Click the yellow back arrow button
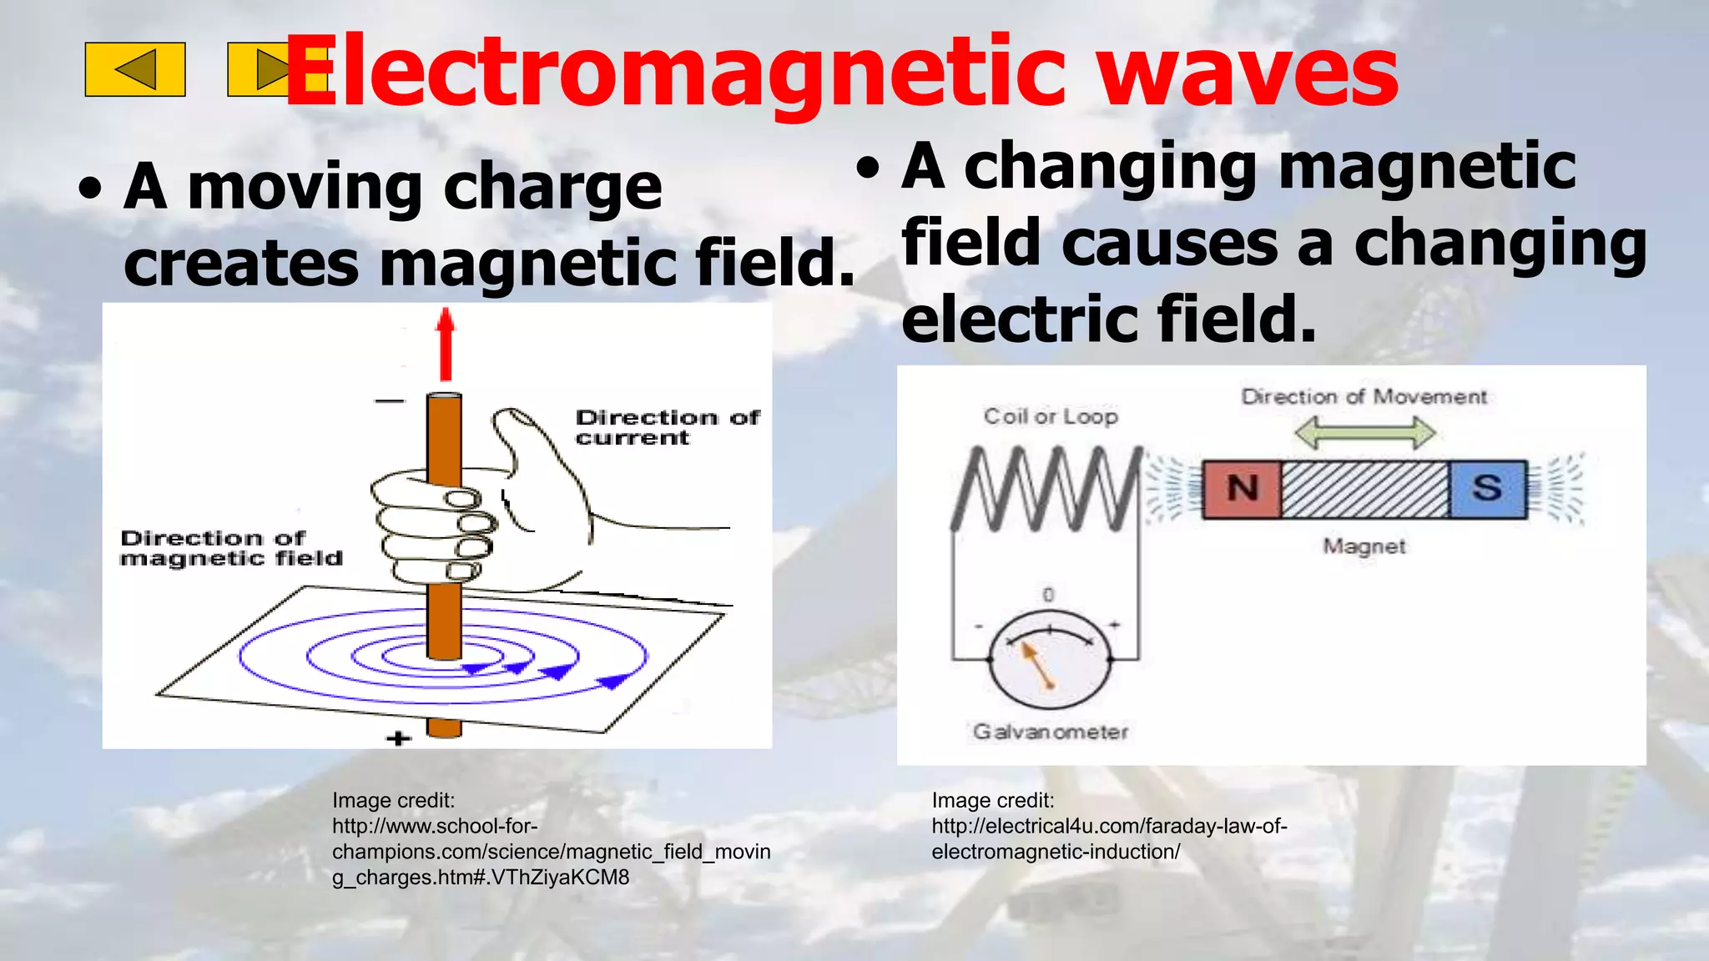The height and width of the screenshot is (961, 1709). pos(135,69)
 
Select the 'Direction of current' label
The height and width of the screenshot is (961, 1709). pos(667,427)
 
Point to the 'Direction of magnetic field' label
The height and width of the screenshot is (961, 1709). pos(231,548)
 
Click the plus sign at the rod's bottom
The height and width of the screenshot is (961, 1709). pos(399,738)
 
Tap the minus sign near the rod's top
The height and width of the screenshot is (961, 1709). pos(389,401)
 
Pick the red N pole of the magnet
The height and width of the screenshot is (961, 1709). pos(1243,489)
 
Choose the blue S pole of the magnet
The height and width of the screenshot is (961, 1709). pos(1487,489)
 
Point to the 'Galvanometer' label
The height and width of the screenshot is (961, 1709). pos(1051,732)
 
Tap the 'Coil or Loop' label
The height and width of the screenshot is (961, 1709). pos(1051,416)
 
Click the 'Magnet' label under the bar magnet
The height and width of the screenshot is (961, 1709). pos(1364,546)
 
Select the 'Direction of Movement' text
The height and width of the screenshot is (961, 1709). pos(1364,396)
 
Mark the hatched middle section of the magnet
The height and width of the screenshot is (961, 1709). pos(1364,489)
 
